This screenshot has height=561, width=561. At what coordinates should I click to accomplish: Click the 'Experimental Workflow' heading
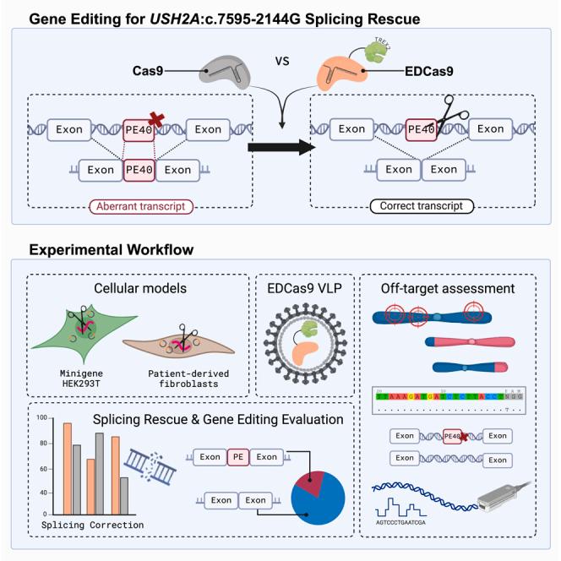[110, 250]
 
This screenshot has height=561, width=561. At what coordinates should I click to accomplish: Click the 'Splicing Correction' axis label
[92, 526]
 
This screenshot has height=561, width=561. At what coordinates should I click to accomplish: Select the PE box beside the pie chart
[238, 457]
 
